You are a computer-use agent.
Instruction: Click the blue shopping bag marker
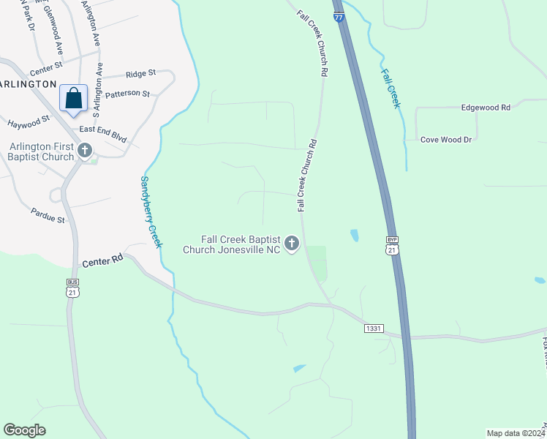pyautogui.click(x=74, y=98)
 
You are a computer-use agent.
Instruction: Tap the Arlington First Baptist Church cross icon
pyautogui.click(x=85, y=151)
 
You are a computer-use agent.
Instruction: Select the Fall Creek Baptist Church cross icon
pyautogui.click(x=292, y=244)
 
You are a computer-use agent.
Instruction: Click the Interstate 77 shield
pyautogui.click(x=339, y=17)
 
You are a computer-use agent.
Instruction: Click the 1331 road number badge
pyautogui.click(x=373, y=329)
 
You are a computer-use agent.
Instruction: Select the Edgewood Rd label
pyautogui.click(x=486, y=108)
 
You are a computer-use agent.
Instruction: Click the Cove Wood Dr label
pyautogui.click(x=446, y=139)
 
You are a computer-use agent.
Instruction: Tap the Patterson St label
pyautogui.click(x=127, y=94)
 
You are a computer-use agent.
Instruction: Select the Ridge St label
pyautogui.click(x=140, y=74)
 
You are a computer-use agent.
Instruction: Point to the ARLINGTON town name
pyautogui.click(x=29, y=84)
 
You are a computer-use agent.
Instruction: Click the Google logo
pyautogui.click(x=25, y=430)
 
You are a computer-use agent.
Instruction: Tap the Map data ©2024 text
pyautogui.click(x=516, y=433)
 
